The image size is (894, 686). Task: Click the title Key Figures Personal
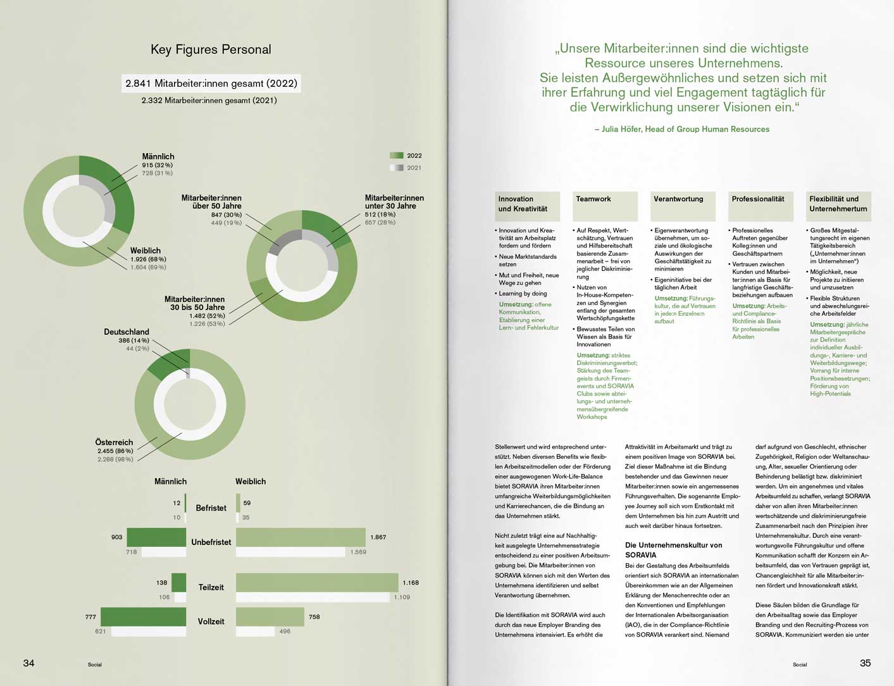click(211, 49)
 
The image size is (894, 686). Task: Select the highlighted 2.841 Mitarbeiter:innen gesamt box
click(211, 84)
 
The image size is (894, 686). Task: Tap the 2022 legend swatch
click(397, 156)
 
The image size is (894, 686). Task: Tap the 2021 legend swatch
click(397, 168)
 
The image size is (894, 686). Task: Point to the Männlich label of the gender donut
click(158, 156)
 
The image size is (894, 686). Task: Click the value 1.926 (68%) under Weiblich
click(148, 259)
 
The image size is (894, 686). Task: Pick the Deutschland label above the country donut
click(127, 332)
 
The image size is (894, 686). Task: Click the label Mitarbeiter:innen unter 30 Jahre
click(394, 202)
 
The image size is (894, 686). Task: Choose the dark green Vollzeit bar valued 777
click(144, 616)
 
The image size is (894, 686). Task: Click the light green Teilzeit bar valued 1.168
click(317, 582)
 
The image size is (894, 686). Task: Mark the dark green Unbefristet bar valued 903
click(156, 537)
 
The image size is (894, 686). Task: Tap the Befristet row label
click(211, 508)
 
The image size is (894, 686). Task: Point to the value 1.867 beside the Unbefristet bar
click(378, 537)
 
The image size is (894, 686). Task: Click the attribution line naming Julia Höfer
click(682, 129)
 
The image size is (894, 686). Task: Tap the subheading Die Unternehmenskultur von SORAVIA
click(673, 550)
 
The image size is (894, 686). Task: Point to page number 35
click(865, 663)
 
